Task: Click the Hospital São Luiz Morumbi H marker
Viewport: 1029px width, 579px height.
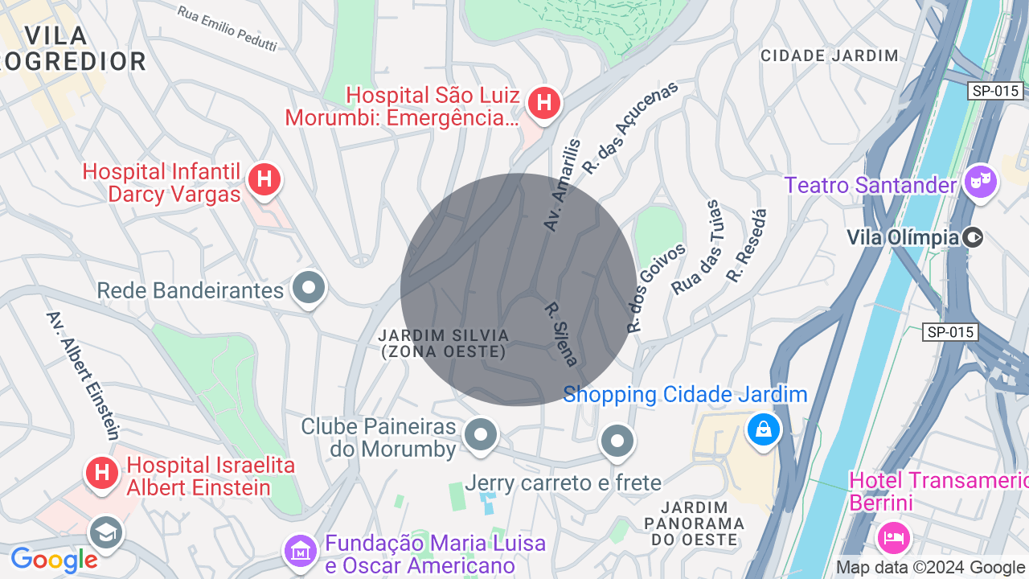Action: click(x=544, y=103)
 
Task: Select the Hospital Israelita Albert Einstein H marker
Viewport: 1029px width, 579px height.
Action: click(x=102, y=472)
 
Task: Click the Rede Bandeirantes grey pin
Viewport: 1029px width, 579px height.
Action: click(x=308, y=287)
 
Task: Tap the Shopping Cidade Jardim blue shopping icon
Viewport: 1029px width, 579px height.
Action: click(x=763, y=429)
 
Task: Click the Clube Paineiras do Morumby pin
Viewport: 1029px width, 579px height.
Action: click(x=481, y=434)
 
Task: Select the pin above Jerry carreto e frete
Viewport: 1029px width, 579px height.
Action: click(x=617, y=441)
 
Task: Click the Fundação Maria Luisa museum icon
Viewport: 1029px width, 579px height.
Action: click(x=300, y=552)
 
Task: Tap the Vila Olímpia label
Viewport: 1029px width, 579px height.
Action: click(x=903, y=237)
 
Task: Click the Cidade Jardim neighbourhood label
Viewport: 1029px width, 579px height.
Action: click(x=829, y=55)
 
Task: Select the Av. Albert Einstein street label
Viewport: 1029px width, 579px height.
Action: click(x=83, y=376)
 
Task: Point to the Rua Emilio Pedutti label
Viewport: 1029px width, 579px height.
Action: click(x=227, y=28)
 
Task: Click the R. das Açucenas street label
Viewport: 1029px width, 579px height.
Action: click(x=630, y=127)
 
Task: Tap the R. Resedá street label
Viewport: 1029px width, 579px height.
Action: click(x=747, y=245)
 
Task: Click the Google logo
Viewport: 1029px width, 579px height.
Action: click(x=53, y=560)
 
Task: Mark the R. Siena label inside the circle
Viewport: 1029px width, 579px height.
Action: click(x=561, y=334)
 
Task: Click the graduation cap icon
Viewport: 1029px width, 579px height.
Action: click(x=105, y=532)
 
